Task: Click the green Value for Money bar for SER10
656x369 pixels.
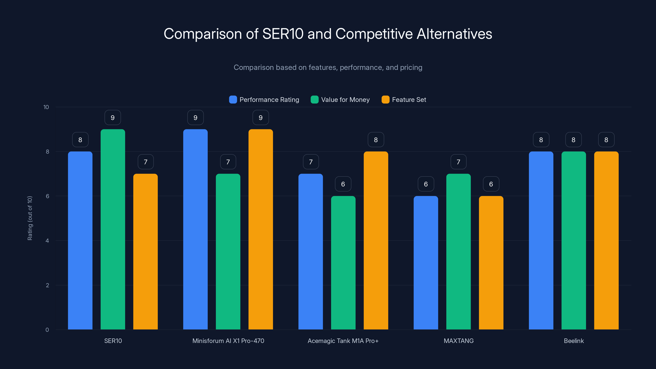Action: pos(113,229)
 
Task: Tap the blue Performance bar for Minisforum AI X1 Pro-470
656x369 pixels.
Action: pos(195,229)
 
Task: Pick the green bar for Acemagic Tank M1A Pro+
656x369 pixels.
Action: pos(343,263)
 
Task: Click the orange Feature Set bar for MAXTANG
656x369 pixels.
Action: pos(491,263)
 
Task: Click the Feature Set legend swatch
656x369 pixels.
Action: pos(385,100)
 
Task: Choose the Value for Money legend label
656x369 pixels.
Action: pos(345,100)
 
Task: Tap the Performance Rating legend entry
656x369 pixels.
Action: pos(269,100)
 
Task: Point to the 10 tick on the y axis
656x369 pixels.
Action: pos(46,107)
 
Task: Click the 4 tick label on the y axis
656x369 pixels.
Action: pos(47,241)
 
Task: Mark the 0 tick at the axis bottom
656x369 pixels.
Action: pos(47,330)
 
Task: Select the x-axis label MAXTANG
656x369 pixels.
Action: pos(458,341)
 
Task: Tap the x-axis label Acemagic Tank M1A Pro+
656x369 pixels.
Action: pos(343,341)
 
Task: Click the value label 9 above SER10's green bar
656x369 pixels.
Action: pos(113,118)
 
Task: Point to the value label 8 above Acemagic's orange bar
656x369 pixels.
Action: pos(376,140)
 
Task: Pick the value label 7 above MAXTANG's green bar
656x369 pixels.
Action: pos(458,162)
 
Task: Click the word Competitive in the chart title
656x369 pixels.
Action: pos(374,34)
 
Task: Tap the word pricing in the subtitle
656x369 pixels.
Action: pos(411,67)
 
